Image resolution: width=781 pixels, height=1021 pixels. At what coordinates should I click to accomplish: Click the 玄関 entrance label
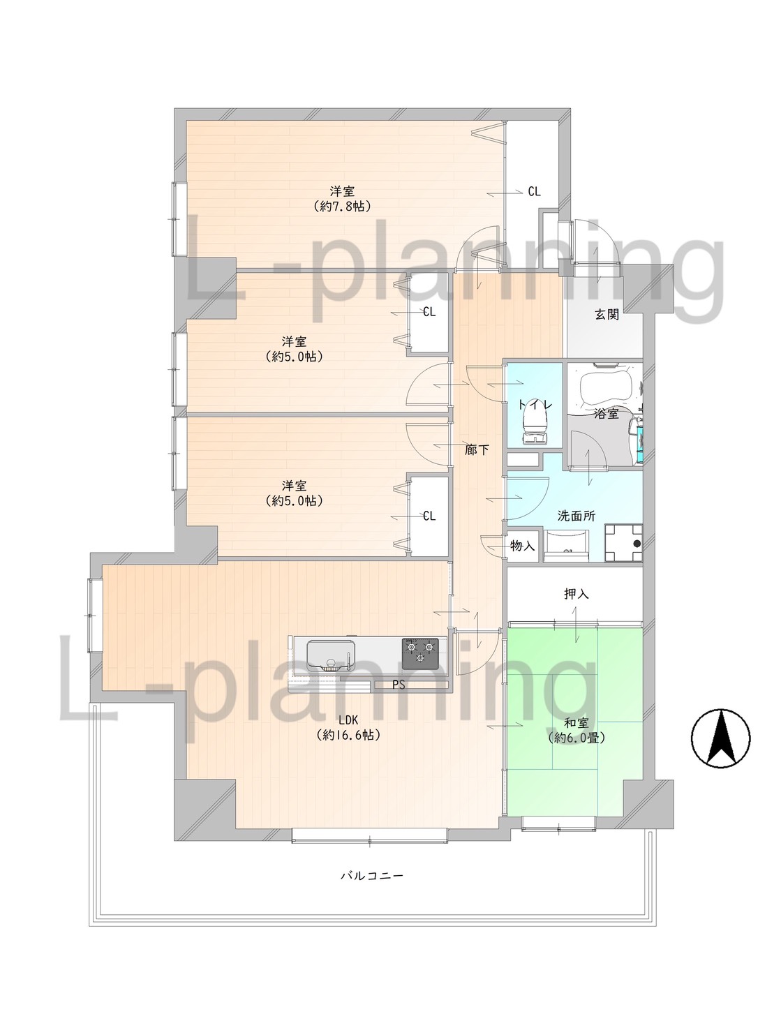click(x=607, y=315)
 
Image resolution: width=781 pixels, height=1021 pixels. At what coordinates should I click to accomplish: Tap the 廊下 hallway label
click(x=477, y=450)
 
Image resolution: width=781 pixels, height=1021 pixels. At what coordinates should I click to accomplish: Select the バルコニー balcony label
click(x=372, y=876)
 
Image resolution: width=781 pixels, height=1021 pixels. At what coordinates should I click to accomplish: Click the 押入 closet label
click(x=577, y=593)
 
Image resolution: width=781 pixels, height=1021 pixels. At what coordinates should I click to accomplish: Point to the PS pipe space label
click(x=399, y=685)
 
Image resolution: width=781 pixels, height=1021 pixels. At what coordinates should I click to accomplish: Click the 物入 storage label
click(x=522, y=546)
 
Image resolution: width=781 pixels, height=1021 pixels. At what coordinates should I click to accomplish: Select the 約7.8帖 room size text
click(x=343, y=207)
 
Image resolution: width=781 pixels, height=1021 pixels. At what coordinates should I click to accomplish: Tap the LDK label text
click(x=348, y=720)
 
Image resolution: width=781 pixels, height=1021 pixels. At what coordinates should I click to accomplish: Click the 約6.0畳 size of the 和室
click(x=577, y=737)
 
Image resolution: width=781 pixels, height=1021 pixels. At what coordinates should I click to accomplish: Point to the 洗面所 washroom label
click(x=577, y=516)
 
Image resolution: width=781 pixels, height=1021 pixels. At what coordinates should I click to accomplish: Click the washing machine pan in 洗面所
click(x=623, y=543)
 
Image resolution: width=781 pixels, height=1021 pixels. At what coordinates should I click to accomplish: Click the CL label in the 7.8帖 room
click(x=535, y=192)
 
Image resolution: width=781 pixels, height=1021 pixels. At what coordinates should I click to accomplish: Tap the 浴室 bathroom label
click(x=607, y=414)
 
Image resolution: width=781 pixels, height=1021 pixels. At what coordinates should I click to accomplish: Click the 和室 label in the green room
click(x=577, y=723)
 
